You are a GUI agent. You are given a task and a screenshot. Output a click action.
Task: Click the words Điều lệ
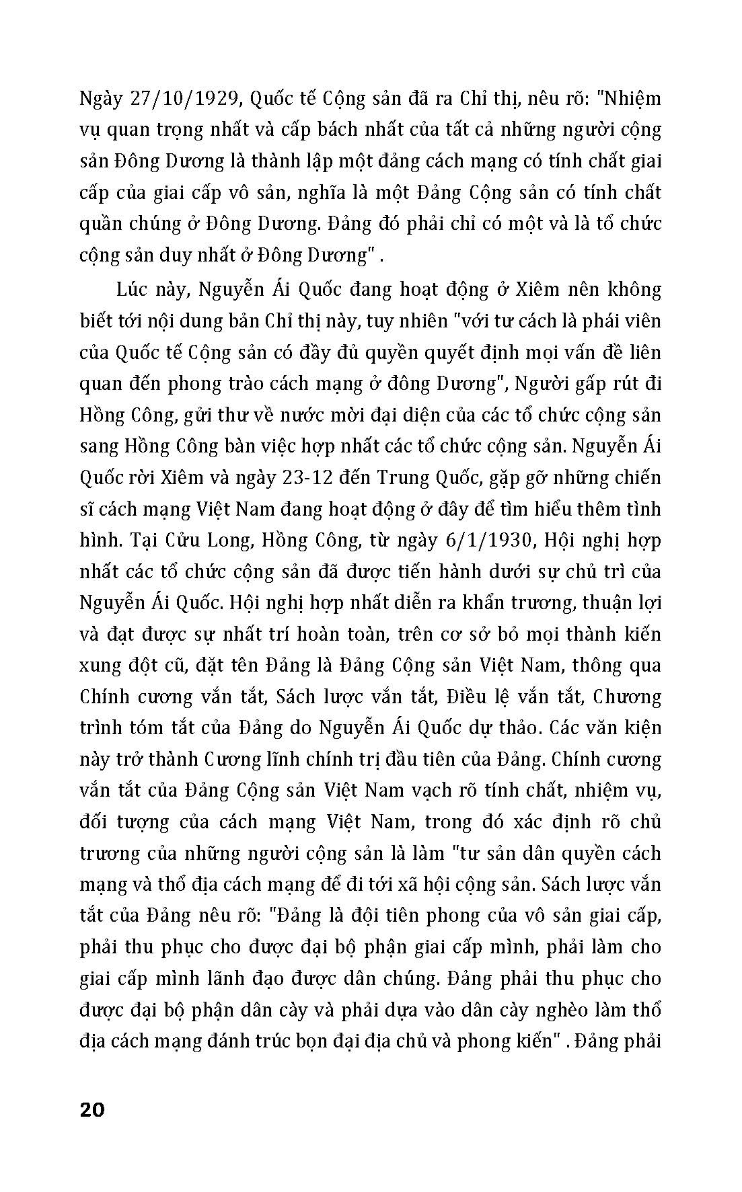[476, 696]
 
